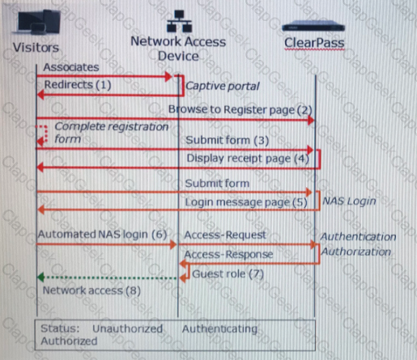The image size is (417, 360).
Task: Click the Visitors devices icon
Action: tap(38, 23)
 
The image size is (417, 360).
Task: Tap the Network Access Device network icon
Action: tap(179, 21)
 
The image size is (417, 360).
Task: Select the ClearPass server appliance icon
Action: tap(313, 27)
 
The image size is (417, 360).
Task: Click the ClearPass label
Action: tap(314, 43)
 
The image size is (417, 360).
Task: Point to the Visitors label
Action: tap(36, 48)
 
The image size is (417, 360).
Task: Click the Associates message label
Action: tap(71, 67)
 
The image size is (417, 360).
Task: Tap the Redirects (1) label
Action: tap(78, 85)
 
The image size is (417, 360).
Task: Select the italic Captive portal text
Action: tap(223, 87)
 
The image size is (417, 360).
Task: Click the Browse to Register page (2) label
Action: tap(240, 110)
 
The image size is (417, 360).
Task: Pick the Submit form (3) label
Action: tap(228, 141)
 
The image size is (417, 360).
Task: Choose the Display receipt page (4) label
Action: tap(248, 159)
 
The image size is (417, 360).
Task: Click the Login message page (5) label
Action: tap(246, 202)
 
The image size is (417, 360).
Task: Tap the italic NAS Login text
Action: tap(349, 201)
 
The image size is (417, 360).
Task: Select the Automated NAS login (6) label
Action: tap(103, 235)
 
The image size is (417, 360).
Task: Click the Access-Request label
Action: tap(225, 235)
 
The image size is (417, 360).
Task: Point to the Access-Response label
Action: tap(228, 254)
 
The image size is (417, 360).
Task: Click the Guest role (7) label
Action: tap(228, 274)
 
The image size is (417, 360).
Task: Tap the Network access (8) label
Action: tap(91, 290)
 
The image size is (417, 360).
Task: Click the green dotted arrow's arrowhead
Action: tap(40, 277)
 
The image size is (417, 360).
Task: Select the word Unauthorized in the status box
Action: tap(128, 328)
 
